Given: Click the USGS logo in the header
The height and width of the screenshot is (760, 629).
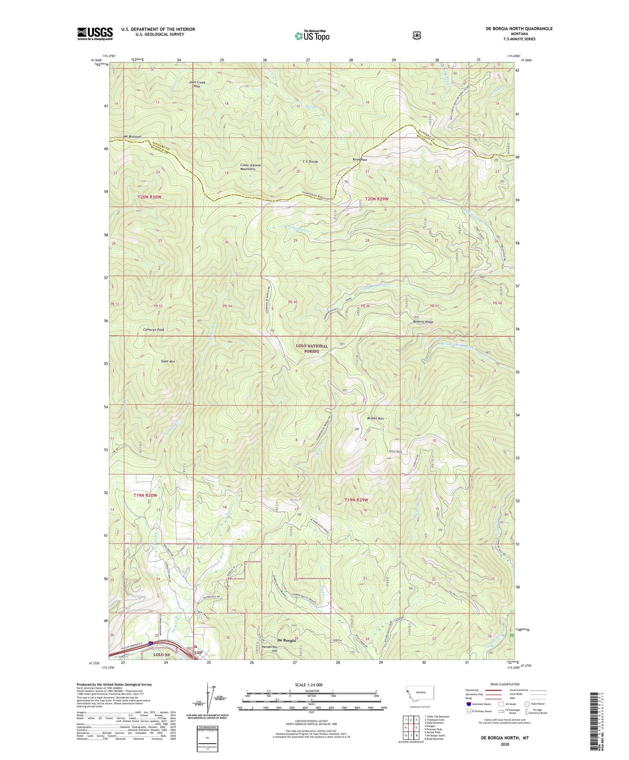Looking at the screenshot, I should coord(95,34).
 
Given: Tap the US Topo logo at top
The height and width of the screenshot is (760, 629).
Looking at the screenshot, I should coord(312,36).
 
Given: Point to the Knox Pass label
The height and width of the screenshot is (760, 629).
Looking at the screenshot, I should coord(360,160).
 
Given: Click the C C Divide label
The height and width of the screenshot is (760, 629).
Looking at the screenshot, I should coord(310,161).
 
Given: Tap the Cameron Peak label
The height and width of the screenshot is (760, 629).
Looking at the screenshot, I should coord(153,330).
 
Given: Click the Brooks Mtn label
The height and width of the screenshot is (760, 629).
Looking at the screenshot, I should coord(375,418).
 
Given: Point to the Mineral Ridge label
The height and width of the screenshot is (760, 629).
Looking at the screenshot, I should coord(423,322).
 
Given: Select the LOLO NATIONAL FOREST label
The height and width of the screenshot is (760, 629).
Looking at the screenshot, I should coord(312,348).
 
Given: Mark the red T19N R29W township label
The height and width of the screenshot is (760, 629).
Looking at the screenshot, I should coord(356,500).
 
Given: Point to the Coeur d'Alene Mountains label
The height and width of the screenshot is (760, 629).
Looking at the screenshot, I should coord(251,167).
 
